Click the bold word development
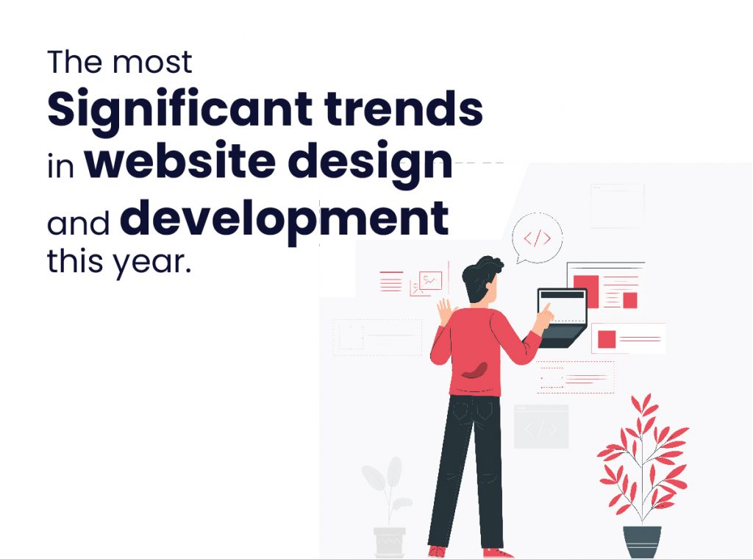(284, 218)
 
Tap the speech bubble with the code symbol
(537, 237)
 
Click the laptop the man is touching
(562, 316)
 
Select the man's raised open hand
(445, 309)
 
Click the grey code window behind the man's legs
(540, 427)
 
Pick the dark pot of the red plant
(642, 541)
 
